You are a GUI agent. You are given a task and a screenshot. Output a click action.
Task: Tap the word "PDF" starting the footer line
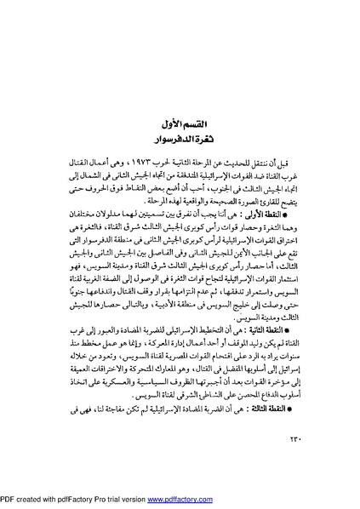click(x=11, y=500)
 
